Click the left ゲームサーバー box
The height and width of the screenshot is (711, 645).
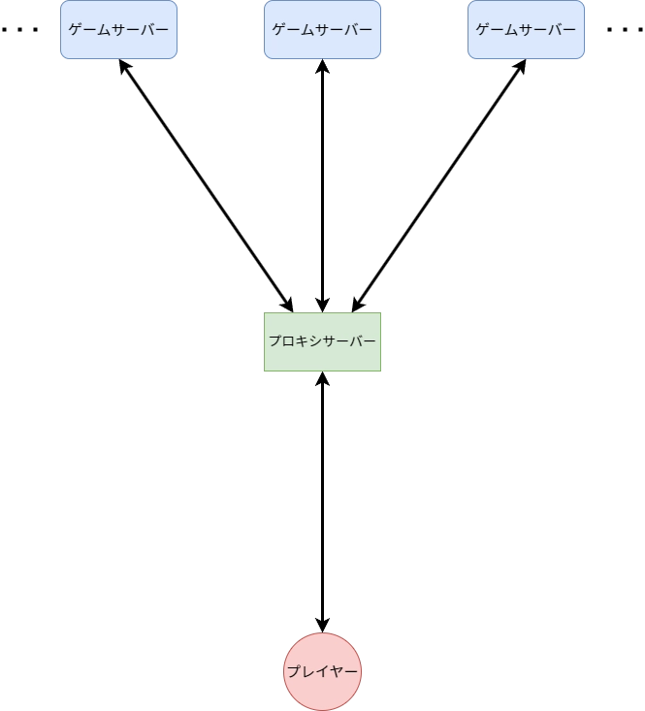118,30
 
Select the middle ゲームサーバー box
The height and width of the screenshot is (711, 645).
322,30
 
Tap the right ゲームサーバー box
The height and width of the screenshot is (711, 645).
526,30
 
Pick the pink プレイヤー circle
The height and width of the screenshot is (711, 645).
323,671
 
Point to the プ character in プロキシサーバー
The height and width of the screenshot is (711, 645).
275,341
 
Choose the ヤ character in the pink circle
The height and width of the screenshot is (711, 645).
336,671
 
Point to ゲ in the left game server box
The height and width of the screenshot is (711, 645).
75,30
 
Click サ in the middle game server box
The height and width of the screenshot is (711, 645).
318,30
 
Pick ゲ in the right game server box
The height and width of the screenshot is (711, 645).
482,30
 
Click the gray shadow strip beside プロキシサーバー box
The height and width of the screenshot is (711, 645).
385,342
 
